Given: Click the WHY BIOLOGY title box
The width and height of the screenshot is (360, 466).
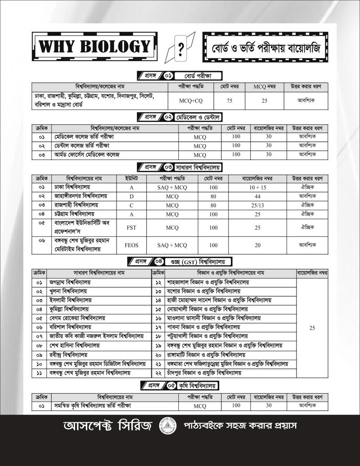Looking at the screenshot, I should tap(94, 47).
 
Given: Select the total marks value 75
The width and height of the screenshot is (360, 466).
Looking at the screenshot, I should tap(229, 101).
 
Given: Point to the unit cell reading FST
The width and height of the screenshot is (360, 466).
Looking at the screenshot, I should tap(131, 227).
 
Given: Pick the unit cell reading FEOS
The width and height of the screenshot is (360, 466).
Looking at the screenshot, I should tap(131, 245).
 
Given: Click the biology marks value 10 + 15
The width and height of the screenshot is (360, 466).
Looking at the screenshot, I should tap(257, 187).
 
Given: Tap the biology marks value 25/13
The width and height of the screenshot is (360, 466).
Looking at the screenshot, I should tap(257, 205).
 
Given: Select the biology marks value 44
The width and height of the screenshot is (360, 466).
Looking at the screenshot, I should tap(257, 196).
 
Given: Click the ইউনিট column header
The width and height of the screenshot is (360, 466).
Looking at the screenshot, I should tap(131, 179).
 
